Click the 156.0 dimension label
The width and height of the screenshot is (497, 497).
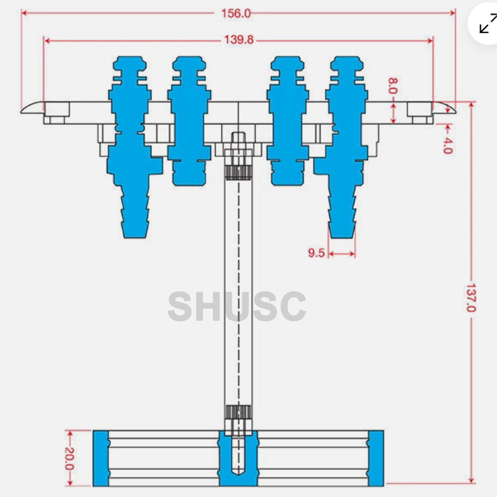pyautogui.click(x=236, y=14)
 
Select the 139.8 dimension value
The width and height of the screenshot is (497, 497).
pyautogui.click(x=239, y=40)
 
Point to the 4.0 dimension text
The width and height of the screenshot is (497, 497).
pyautogui.click(x=447, y=145)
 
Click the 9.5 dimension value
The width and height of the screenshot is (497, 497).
pyautogui.click(x=316, y=253)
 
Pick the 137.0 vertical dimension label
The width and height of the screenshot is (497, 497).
pyautogui.click(x=471, y=298)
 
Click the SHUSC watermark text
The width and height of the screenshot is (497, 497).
pyautogui.click(x=237, y=307)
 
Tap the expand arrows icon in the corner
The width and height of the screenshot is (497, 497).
pyautogui.click(x=488, y=24)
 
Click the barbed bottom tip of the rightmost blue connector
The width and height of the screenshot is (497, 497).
pyautogui.click(x=342, y=229)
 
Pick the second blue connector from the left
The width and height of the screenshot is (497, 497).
pyautogui.click(x=189, y=123)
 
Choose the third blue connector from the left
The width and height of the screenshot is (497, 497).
pyautogui.click(x=287, y=123)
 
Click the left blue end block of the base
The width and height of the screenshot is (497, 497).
pyautogui.click(x=100, y=458)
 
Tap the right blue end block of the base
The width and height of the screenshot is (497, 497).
pyautogui.click(x=376, y=458)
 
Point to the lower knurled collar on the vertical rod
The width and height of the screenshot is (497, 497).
pyautogui.click(x=238, y=412)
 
